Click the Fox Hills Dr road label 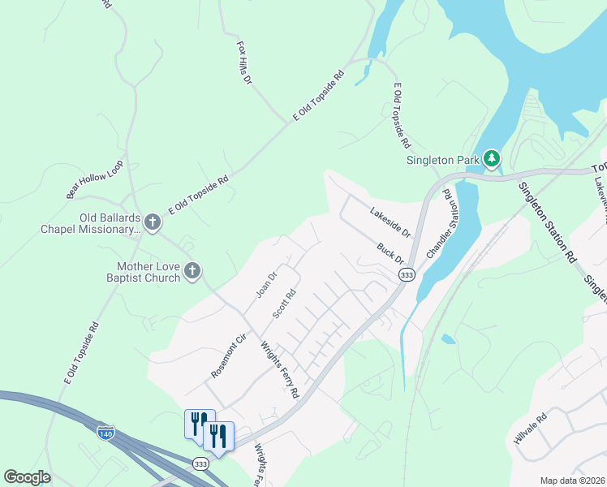245,62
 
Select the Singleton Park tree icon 492,159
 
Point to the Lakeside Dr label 391,222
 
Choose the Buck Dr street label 390,252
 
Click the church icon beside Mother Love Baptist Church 192,271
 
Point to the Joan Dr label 267,284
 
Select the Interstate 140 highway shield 105,432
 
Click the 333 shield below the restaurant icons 200,463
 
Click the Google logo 27,477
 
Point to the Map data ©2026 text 571,481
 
